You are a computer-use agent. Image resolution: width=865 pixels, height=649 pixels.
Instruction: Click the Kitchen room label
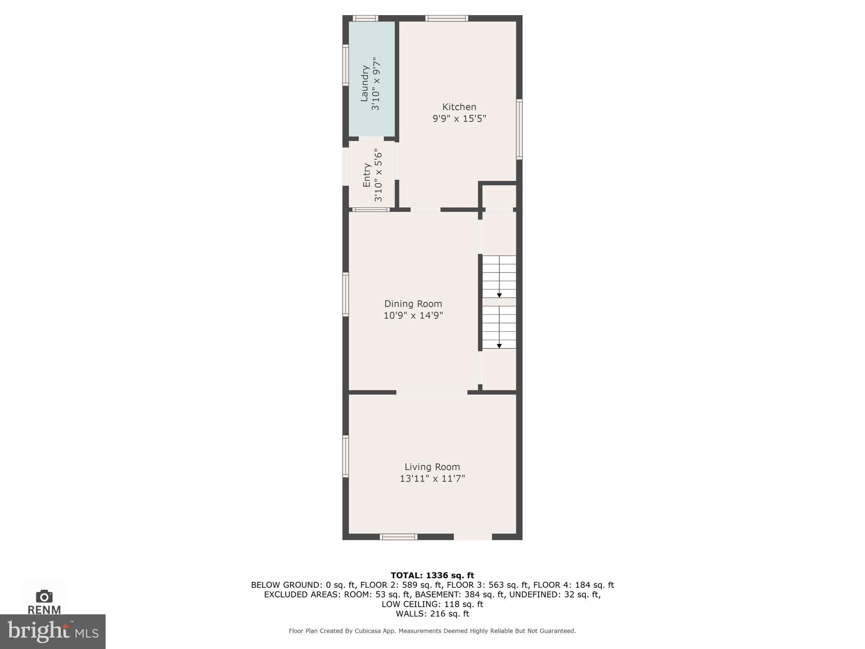tap(459, 107)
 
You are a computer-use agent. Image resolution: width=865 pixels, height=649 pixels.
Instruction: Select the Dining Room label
tap(413, 304)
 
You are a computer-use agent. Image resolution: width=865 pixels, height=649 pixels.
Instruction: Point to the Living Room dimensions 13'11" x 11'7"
tap(432, 479)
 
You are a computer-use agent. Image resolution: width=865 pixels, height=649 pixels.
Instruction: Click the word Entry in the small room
tap(367, 175)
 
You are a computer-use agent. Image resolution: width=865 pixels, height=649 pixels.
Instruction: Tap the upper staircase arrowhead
tap(499, 295)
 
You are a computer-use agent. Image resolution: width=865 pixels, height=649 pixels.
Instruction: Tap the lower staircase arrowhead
tap(499, 346)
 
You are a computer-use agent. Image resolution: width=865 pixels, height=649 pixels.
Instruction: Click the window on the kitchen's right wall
tap(520, 129)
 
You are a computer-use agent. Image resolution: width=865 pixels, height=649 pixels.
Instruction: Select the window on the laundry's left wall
tap(345, 65)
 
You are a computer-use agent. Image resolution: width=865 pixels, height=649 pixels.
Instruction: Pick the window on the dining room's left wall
tap(345, 295)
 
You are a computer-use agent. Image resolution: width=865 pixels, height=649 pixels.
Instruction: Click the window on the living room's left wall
tap(345, 456)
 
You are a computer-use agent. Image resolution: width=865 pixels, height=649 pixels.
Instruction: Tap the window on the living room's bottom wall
tap(398, 537)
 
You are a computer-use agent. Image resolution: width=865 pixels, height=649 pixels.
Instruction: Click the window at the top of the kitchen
tap(446, 18)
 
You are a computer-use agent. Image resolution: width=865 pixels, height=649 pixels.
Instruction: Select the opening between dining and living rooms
tap(432, 393)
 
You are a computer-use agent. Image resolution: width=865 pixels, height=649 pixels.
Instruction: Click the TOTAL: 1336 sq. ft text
tap(432, 575)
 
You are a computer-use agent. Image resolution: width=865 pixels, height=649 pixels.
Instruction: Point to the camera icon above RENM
tap(44, 596)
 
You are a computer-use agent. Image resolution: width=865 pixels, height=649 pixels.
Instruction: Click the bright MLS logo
tap(52, 631)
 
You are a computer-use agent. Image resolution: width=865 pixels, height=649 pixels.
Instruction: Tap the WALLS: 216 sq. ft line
tap(432, 614)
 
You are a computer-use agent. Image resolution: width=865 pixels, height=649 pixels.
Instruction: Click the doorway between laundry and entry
tap(371, 139)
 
